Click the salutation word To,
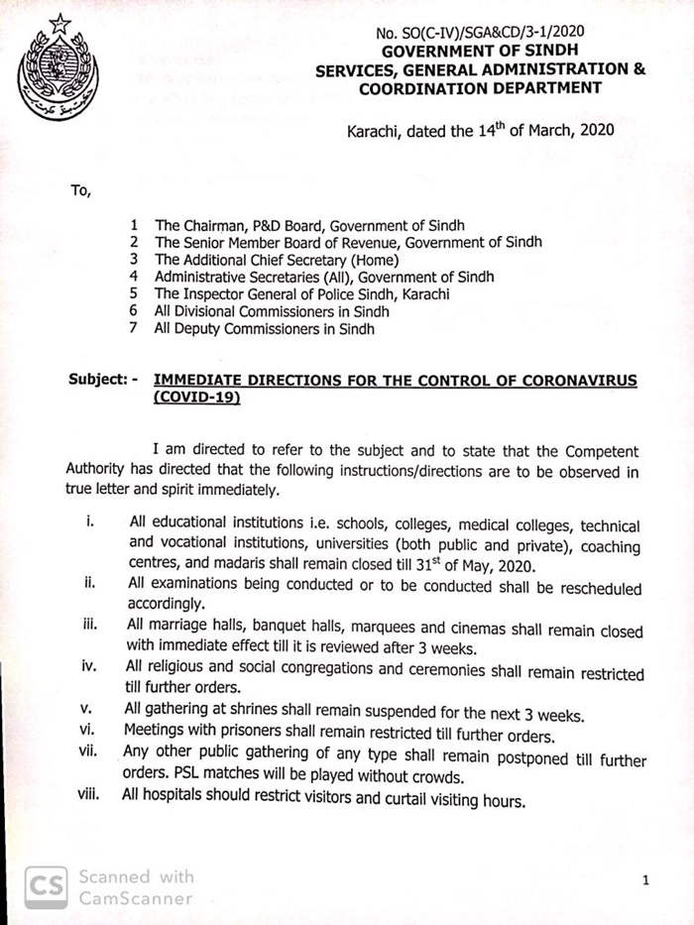pos(80,191)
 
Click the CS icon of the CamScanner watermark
pos(46,884)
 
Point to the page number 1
pos(645,879)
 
